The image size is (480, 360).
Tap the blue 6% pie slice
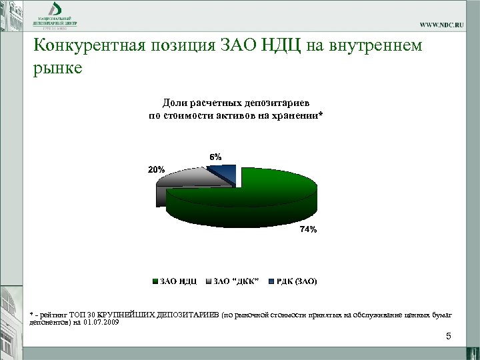[223, 171]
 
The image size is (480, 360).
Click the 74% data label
[308, 229]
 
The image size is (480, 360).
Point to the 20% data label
[156, 169]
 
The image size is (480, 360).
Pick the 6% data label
[215, 156]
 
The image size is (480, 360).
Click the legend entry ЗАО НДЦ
[177, 281]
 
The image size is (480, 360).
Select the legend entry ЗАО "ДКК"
[236, 281]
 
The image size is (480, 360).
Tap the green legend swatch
[155, 281]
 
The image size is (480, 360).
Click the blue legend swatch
[271, 281]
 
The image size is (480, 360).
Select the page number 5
[449, 336]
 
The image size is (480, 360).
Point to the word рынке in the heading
[57, 69]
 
